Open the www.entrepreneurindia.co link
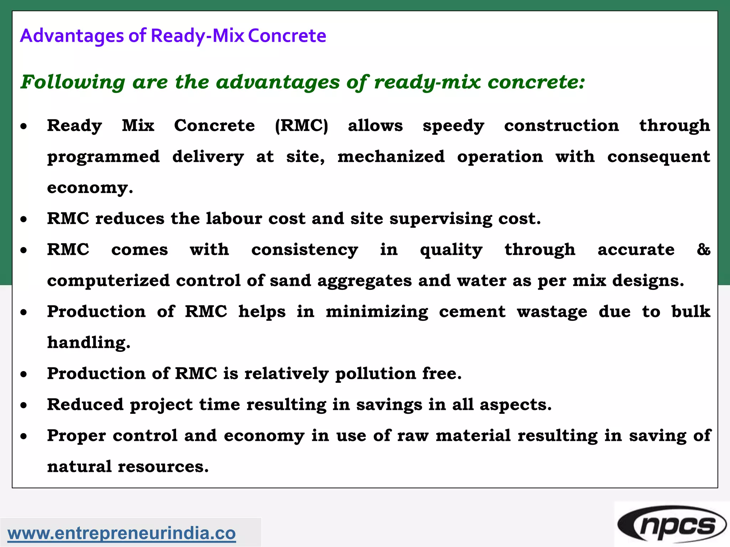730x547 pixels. (122, 533)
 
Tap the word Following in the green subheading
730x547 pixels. (73, 82)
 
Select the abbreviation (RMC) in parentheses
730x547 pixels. (301, 126)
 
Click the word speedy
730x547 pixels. (453, 126)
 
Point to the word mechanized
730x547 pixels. (391, 157)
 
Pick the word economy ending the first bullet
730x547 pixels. (89, 188)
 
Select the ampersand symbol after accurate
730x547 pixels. (703, 249)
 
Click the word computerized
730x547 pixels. (108, 281)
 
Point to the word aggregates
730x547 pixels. (364, 281)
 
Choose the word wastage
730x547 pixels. (552, 312)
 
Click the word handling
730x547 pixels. (88, 343)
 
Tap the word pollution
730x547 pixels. (375, 374)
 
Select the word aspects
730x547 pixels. (515, 405)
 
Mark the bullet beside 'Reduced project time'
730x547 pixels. (24, 405)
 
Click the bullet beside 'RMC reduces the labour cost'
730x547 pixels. (24, 219)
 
